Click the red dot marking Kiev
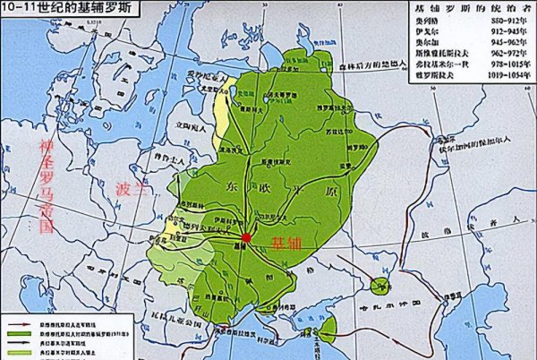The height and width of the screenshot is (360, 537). (x=247, y=238)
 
